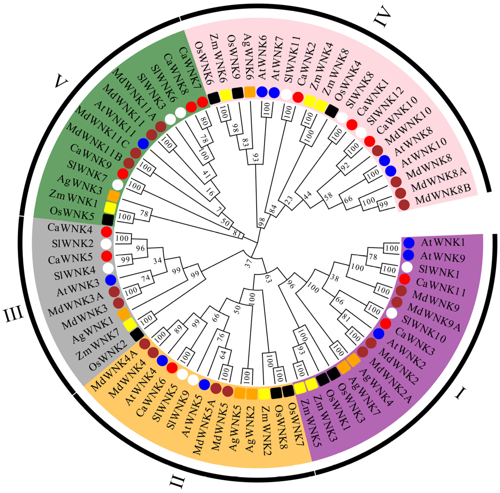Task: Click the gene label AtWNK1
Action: click(x=443, y=242)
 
